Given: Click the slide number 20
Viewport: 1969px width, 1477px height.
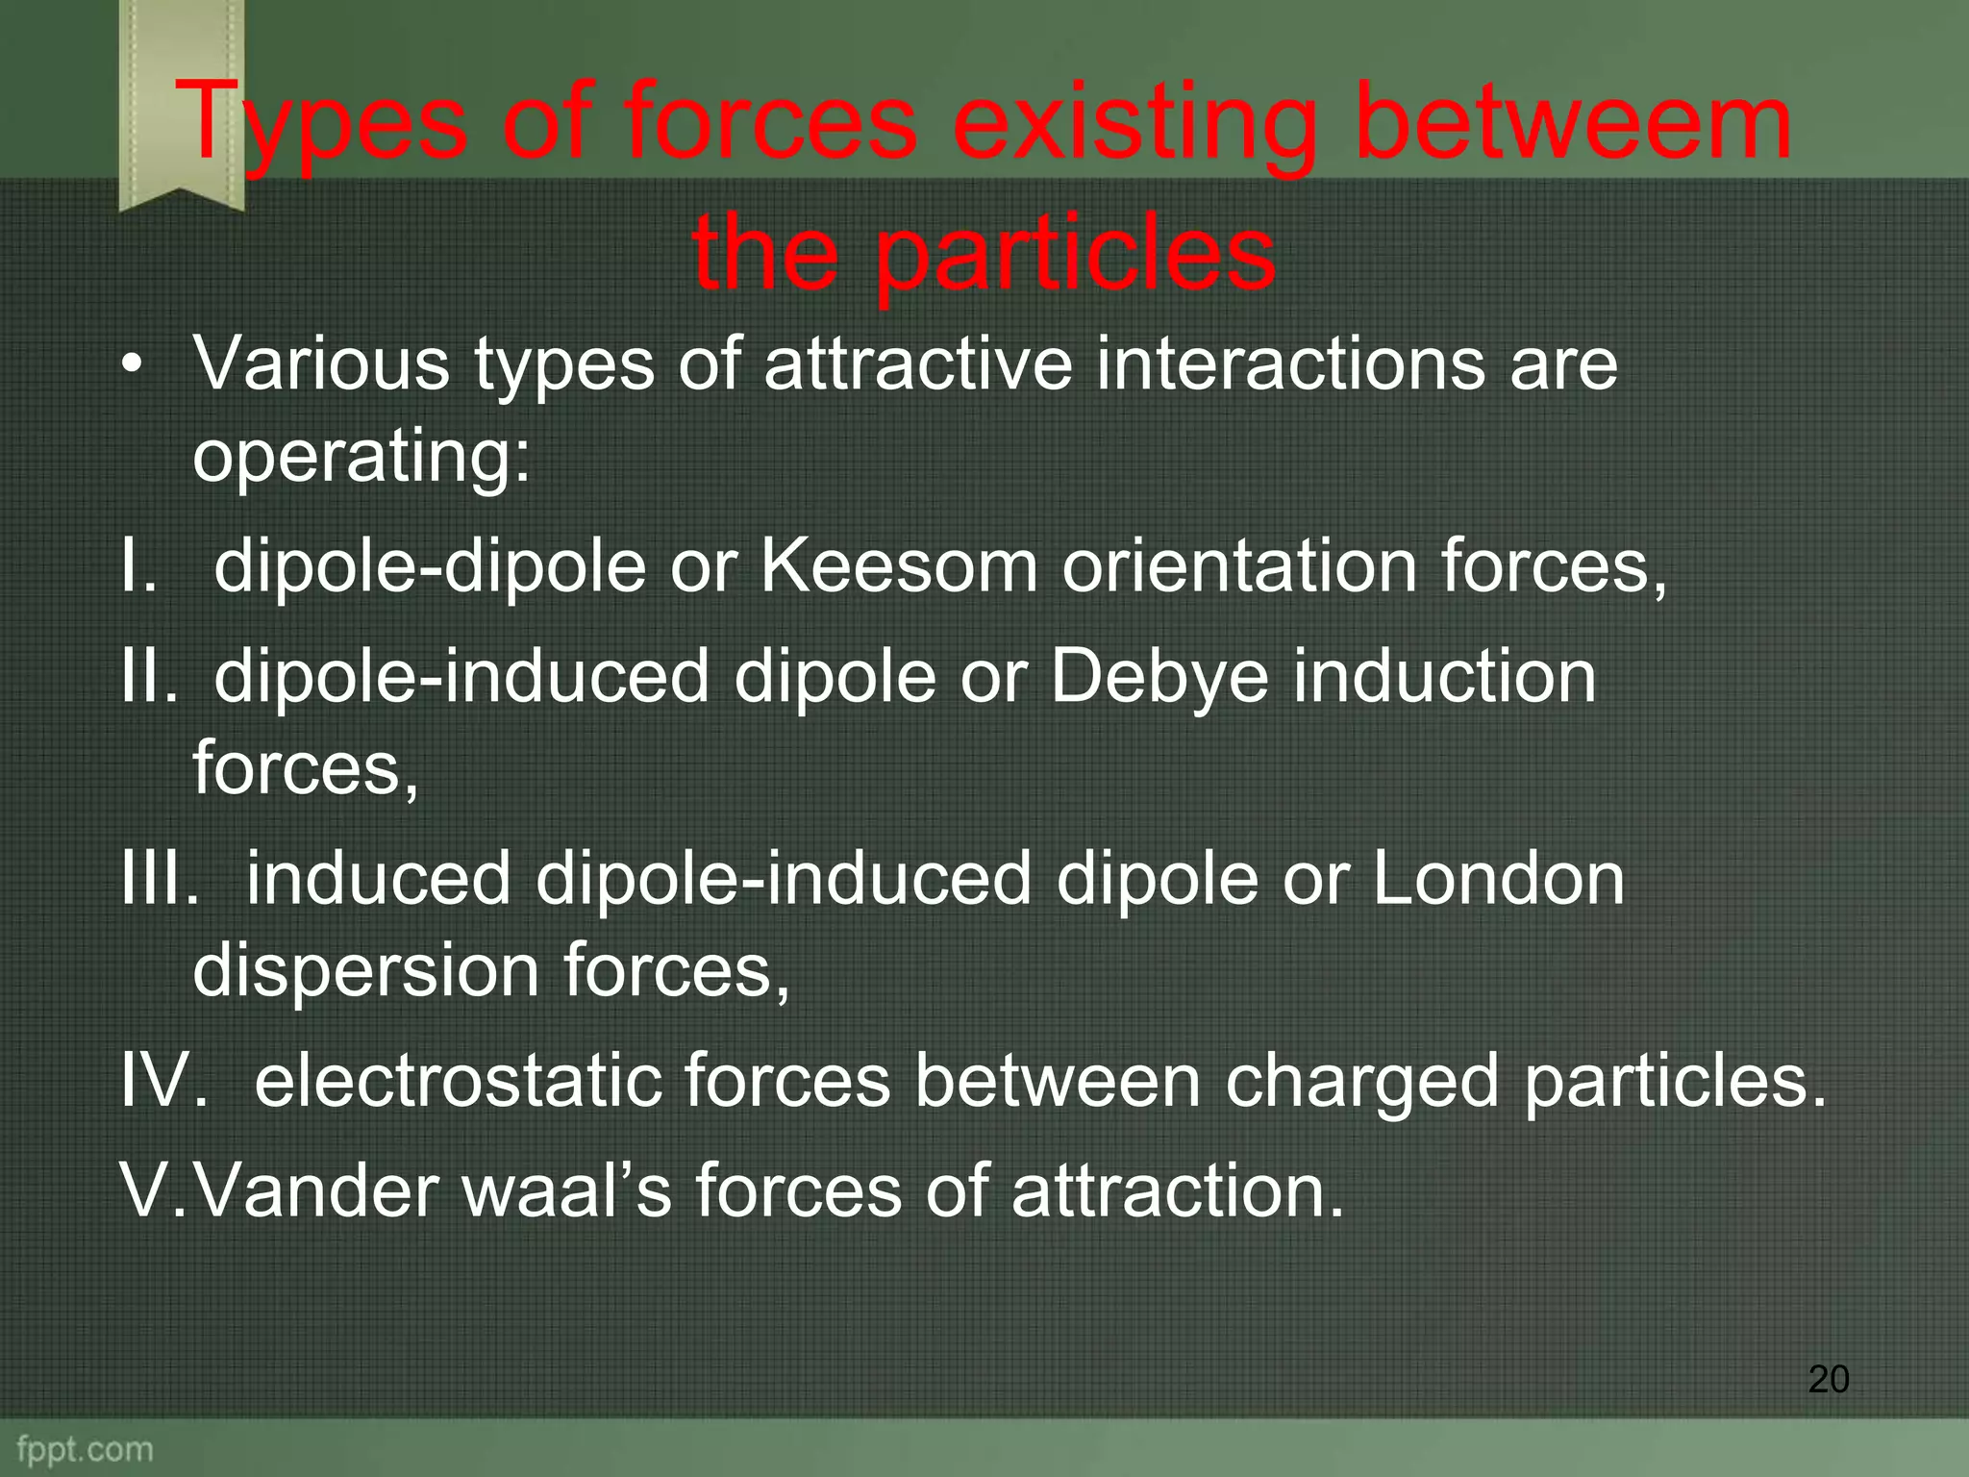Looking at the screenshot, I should (x=1828, y=1379).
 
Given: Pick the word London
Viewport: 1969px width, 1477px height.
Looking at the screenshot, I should (x=1498, y=878).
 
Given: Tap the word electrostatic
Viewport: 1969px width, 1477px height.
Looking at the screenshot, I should (x=458, y=1081).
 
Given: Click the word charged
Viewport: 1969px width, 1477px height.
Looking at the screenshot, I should (x=1361, y=1081).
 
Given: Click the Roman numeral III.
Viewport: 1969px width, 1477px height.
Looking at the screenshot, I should (x=157, y=878).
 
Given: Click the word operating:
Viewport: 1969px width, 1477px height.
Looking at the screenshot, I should (x=361, y=456).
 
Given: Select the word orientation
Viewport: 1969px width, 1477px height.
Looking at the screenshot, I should (x=1239, y=566).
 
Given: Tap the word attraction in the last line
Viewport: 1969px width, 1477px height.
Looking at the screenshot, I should (x=1177, y=1190).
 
